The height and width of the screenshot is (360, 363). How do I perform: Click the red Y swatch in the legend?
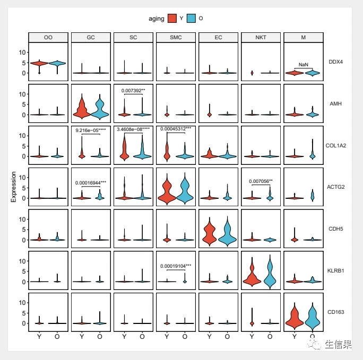(172, 19)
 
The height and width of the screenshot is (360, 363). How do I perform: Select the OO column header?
(48, 37)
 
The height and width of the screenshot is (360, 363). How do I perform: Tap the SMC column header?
(176, 37)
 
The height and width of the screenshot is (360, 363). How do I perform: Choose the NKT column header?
(261, 37)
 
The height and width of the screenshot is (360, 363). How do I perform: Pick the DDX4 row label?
(335, 62)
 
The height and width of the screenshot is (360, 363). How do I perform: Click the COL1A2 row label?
(335, 145)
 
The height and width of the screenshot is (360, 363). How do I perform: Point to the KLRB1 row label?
(335, 270)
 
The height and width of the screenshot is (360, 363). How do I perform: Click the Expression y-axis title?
(14, 187)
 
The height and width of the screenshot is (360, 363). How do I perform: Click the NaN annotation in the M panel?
(303, 64)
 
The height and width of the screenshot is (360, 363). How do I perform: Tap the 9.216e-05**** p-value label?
(91, 130)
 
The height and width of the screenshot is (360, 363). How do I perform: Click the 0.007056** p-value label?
(261, 181)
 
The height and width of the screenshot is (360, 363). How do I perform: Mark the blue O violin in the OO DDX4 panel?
(57, 64)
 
